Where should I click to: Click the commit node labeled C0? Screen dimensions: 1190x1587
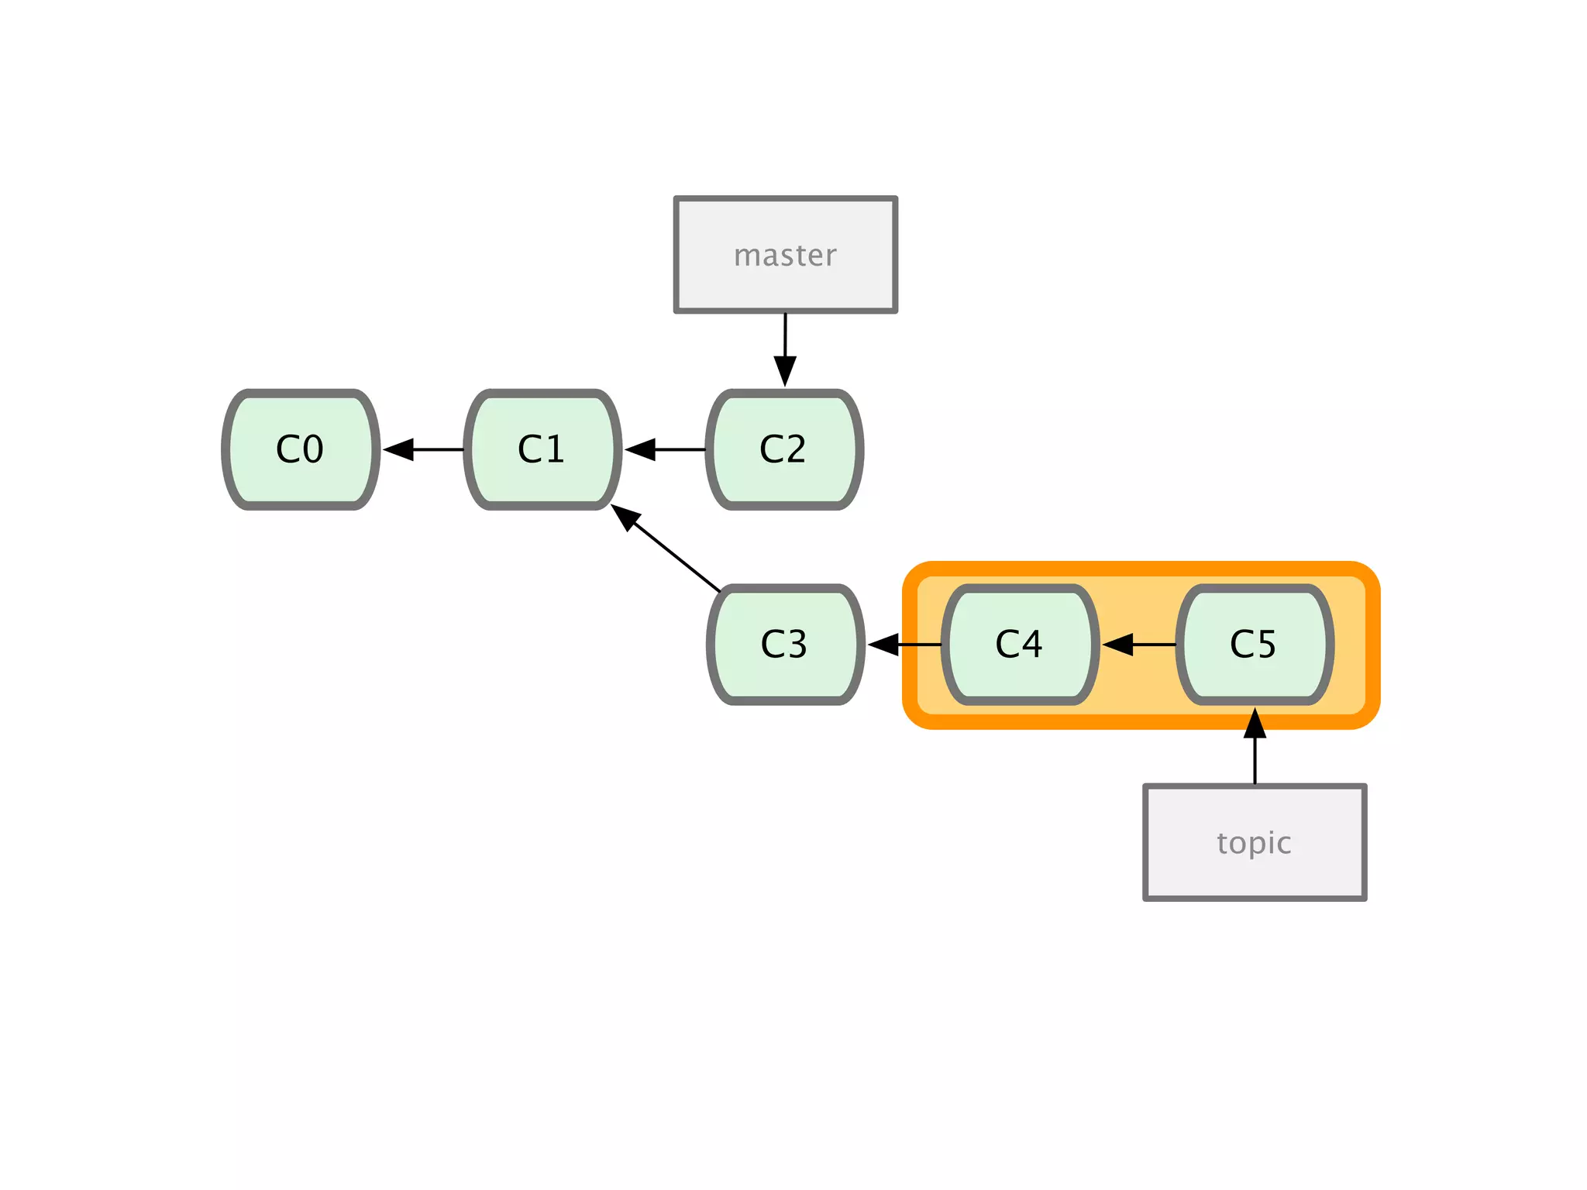click(301, 449)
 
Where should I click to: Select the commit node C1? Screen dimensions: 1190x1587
click(542, 449)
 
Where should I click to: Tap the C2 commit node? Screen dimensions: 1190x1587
click(784, 449)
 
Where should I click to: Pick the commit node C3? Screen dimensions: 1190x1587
click(785, 644)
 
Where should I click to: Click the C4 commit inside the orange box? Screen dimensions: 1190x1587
click(1020, 644)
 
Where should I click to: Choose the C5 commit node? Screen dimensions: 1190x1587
click(1255, 644)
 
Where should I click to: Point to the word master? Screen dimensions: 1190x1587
click(785, 256)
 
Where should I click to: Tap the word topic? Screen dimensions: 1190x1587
click(1254, 843)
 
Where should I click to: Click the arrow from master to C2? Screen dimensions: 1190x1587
click(785, 345)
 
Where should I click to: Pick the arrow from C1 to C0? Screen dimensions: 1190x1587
click(426, 449)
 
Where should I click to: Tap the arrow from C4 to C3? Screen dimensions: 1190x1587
click(907, 644)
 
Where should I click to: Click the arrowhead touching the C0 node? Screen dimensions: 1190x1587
click(398, 449)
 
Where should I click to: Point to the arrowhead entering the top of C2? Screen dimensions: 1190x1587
click(785, 370)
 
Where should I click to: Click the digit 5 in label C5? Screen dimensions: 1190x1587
click(1265, 644)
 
